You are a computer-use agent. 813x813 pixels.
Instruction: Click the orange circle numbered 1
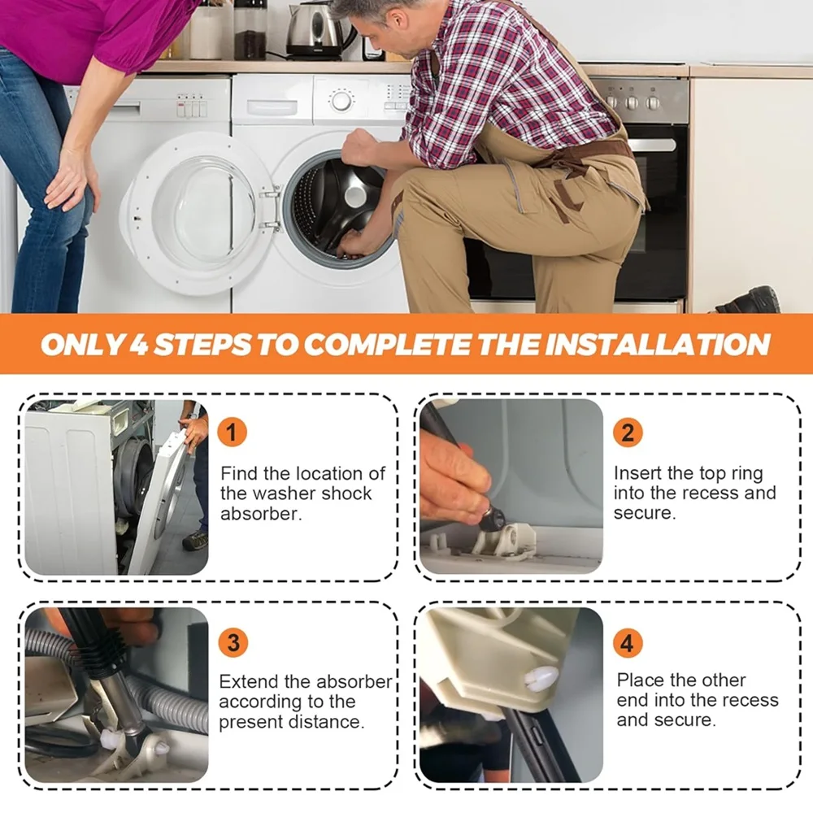(232, 432)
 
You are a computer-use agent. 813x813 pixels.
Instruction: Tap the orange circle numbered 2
(628, 432)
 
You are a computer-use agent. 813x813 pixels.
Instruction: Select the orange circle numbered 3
(233, 642)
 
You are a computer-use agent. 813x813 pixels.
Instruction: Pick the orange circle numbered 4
(628, 642)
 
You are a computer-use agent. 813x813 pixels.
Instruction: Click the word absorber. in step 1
(261, 513)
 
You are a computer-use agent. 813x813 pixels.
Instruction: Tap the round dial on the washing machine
(341, 101)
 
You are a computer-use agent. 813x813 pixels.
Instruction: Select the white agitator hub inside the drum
(357, 196)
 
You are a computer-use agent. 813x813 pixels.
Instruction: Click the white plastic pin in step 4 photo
(541, 677)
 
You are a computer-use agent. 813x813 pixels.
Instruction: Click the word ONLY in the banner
(81, 344)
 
